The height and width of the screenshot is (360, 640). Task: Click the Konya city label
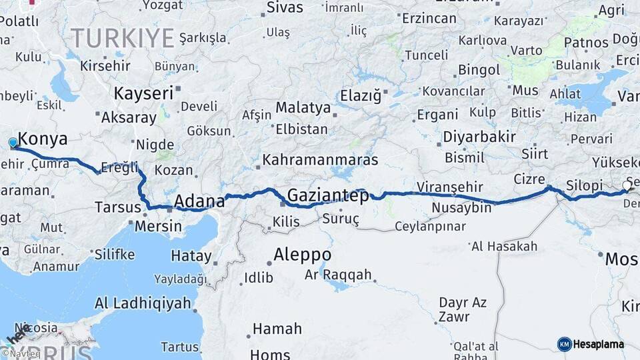tap(43, 139)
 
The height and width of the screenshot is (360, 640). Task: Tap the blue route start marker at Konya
tap(13, 142)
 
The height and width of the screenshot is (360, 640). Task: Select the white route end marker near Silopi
tap(627, 185)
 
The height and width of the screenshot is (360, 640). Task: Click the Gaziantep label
tap(328, 195)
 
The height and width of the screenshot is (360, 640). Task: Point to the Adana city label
tap(198, 201)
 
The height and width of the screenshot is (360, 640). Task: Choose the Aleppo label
tap(303, 254)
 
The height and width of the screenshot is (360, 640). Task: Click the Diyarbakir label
tap(479, 137)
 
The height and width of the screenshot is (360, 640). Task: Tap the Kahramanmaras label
tap(320, 160)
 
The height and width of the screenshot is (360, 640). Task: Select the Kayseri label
tap(143, 93)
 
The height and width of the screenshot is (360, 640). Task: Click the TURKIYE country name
tap(123, 37)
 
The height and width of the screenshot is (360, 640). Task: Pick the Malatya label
tap(303, 107)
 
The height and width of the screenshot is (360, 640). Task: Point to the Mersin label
tap(158, 226)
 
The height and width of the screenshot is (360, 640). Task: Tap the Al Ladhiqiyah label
tap(143, 303)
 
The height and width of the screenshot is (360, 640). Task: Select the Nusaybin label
tap(461, 208)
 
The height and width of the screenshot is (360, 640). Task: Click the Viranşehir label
tap(449, 186)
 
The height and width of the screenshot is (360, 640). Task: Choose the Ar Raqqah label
tap(338, 274)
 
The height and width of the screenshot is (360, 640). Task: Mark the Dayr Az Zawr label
tap(462, 310)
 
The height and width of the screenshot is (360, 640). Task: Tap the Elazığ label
tap(361, 95)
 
